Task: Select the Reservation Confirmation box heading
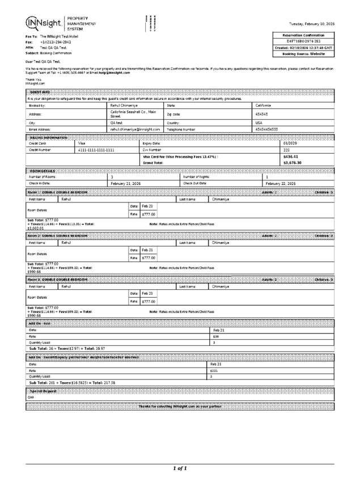point(307,35)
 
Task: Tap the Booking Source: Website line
point(307,54)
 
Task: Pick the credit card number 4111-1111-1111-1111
point(96,150)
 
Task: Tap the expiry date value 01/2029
point(291,143)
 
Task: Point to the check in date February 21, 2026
point(126,184)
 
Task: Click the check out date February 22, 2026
point(281,184)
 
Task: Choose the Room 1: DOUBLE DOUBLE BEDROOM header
point(58,193)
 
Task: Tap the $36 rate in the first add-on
point(216,336)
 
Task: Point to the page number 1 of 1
point(180,468)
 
